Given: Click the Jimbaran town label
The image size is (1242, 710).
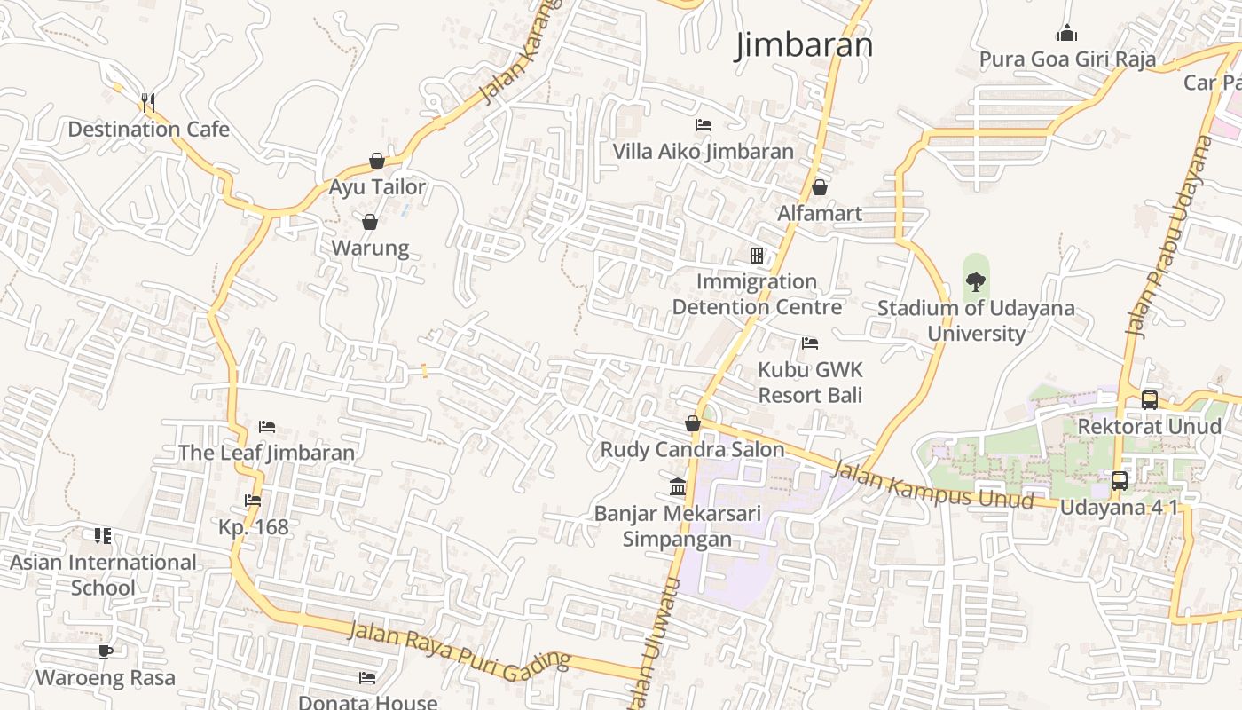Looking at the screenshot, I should click(804, 45).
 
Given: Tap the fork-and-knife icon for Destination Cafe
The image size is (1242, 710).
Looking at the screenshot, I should click(148, 103).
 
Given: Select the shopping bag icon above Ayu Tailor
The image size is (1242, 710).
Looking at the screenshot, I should click(377, 161).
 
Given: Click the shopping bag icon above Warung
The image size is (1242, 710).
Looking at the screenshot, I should click(370, 221).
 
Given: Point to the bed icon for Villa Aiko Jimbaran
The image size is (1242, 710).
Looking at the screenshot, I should click(704, 125).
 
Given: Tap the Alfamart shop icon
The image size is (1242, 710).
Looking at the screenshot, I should click(820, 187).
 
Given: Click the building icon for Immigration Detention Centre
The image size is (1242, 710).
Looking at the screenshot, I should click(757, 256).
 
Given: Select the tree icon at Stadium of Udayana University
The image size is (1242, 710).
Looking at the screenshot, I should click(976, 282).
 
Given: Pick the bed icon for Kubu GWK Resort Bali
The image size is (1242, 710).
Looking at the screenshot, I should click(810, 343).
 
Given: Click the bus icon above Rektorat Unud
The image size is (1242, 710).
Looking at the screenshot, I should click(1150, 400).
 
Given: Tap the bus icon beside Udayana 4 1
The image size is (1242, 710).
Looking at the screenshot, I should click(1120, 481).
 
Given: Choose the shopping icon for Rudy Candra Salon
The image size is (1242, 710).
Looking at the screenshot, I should click(693, 423).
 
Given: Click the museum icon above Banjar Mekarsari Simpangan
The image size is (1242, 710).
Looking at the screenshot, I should click(678, 487).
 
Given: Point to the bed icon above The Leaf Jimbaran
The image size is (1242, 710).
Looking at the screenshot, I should click(267, 427).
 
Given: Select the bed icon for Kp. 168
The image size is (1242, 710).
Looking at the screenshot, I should click(253, 501).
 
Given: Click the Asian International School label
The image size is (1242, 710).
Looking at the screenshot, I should click(103, 574).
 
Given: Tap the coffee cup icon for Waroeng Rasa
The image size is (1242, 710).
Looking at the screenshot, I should click(106, 652).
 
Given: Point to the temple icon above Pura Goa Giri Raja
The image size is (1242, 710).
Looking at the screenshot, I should click(1066, 34).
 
